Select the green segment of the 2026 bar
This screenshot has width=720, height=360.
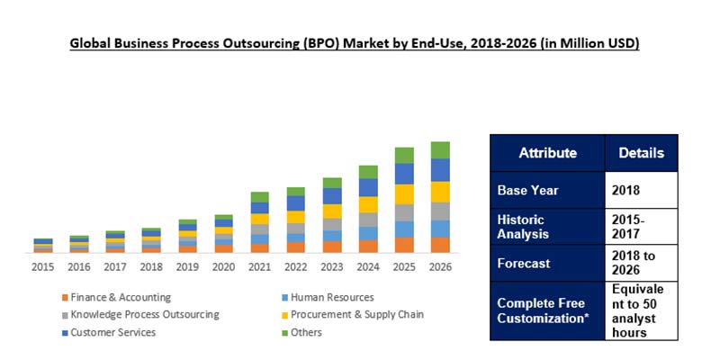[x=440, y=150]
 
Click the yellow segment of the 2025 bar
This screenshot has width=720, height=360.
[x=404, y=193]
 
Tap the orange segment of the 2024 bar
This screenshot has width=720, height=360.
[x=368, y=246]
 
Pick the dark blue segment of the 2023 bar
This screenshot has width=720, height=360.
[x=332, y=195]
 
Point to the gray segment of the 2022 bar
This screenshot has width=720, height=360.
[x=296, y=229]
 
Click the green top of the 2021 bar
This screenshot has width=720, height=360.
[x=260, y=197]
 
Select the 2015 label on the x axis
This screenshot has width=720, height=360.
[x=43, y=266]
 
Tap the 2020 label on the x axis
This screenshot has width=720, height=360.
[x=223, y=266]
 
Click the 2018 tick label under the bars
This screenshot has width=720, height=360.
[x=151, y=266]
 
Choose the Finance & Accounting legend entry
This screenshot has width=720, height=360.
[x=121, y=298]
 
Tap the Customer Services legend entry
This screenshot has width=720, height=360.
[x=113, y=332]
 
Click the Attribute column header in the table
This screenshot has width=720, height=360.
[x=547, y=153]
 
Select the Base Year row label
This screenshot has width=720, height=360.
[x=528, y=191]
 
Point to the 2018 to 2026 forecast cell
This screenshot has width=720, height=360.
[x=641, y=264]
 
